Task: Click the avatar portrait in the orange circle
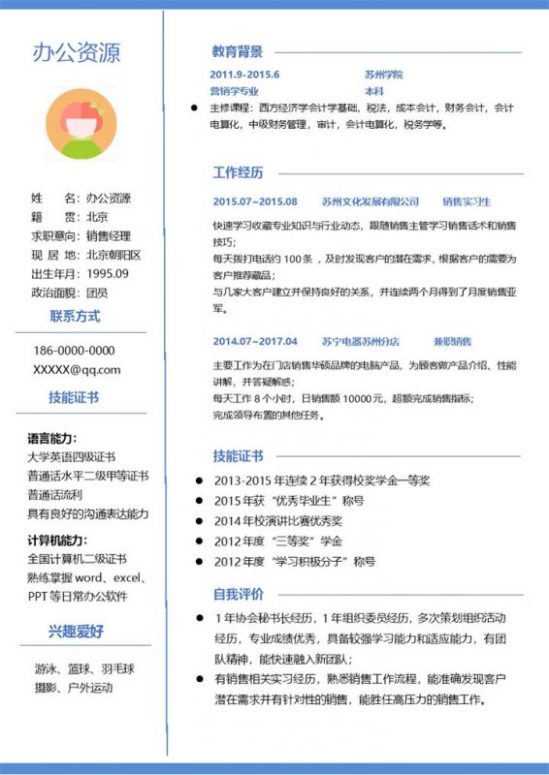[80, 125]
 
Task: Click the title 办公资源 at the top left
[77, 52]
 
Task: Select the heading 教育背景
[238, 51]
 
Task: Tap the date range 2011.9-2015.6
[244, 75]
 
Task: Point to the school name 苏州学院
[383, 75]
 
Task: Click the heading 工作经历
[238, 173]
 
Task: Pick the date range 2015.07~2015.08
[255, 201]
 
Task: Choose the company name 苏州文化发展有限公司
[371, 201]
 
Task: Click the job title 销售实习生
[467, 201]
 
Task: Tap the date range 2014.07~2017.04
[255, 341]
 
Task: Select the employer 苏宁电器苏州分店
[360, 341]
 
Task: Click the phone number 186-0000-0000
[74, 351]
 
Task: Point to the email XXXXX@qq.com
[77, 369]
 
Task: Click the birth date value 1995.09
[108, 273]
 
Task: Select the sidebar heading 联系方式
[75, 316]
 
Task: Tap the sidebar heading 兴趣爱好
[77, 632]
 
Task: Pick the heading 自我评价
[238, 593]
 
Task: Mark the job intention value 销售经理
[108, 235]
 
